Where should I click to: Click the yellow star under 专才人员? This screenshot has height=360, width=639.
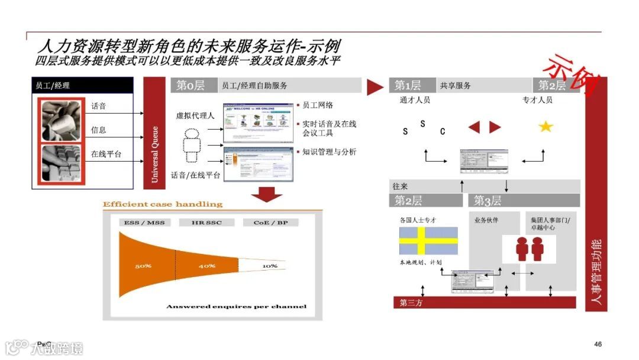545,126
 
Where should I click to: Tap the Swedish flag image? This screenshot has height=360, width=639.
428,241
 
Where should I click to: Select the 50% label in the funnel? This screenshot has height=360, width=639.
143,266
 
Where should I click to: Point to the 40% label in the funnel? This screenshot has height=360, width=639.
206,266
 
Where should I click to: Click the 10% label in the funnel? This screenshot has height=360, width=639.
270,266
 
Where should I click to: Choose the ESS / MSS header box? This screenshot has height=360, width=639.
144,223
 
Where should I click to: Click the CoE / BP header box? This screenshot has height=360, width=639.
270,223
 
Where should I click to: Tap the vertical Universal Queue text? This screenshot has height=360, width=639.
155,154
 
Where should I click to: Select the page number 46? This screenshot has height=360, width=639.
598,345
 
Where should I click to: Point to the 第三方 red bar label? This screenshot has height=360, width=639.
411,303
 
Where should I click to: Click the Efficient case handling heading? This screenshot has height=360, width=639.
163,204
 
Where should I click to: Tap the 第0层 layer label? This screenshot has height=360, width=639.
191,85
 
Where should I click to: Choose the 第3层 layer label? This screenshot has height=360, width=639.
488,201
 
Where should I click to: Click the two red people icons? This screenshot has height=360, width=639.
529,249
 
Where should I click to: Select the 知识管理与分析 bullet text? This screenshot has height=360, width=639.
329,152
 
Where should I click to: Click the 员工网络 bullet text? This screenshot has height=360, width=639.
318,105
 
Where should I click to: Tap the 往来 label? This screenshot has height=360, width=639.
401,187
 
